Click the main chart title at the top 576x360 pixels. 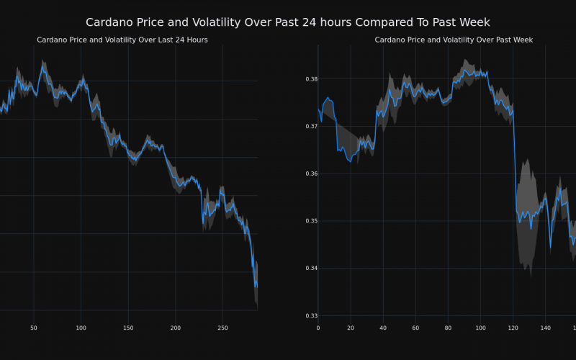(288, 22)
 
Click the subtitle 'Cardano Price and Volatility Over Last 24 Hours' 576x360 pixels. (122, 40)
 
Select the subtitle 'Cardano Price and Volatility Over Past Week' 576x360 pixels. (454, 40)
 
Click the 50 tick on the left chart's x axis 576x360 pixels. (34, 328)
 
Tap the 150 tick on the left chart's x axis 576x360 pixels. (128, 328)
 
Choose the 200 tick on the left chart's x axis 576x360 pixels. (176, 328)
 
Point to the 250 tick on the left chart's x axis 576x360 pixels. (222, 328)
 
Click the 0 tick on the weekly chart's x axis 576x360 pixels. (318, 328)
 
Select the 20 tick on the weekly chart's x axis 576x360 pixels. (351, 328)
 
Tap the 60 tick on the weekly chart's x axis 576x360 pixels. (415, 328)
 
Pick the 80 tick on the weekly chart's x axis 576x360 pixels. (448, 328)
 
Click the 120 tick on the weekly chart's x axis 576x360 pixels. (513, 328)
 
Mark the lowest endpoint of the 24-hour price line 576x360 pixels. (256, 287)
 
